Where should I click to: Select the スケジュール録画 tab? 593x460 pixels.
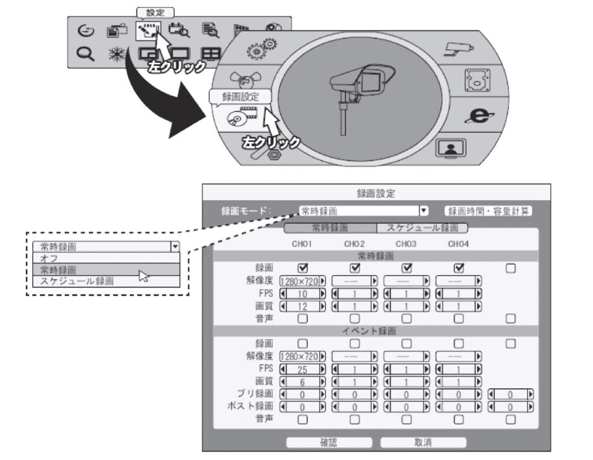click(x=422, y=228)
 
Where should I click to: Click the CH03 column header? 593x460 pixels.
click(x=407, y=244)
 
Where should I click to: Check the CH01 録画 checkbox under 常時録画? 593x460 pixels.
click(x=302, y=268)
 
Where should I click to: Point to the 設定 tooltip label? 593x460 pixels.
click(x=155, y=11)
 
